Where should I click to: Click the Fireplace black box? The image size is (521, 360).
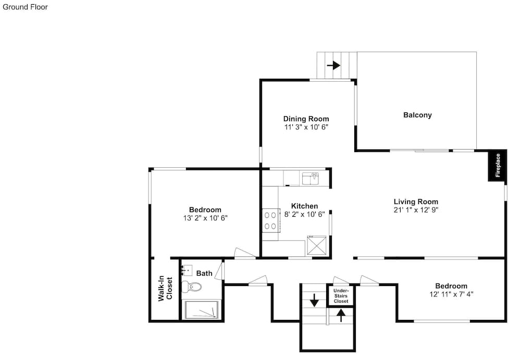coord(498,165)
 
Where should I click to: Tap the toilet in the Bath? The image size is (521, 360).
coord(192,286)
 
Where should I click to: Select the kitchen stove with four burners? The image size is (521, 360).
coord(270,220)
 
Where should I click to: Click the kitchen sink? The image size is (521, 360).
coord(311,179)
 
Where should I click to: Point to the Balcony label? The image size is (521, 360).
coord(417,115)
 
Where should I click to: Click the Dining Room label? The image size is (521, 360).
coord(306,119)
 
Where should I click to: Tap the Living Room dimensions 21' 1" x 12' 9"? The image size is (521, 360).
coord(416,210)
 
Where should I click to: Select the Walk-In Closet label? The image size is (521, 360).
coord(165,288)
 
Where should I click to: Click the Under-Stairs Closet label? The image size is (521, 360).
coord(341,296)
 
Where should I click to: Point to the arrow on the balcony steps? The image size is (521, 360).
coord(333,65)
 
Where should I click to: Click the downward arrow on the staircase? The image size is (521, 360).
coord(314,300)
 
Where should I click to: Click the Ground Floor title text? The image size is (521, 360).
coord(25,7)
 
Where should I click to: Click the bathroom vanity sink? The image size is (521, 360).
coord(187,270)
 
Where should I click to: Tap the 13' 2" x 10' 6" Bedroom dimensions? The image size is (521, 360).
coord(205,218)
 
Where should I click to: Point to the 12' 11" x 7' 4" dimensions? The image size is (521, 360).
coord(451,294)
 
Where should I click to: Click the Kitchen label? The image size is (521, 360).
coord(304,206)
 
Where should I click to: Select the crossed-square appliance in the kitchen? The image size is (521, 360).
coord(317,245)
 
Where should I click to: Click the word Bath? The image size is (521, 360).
coord(204,273)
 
